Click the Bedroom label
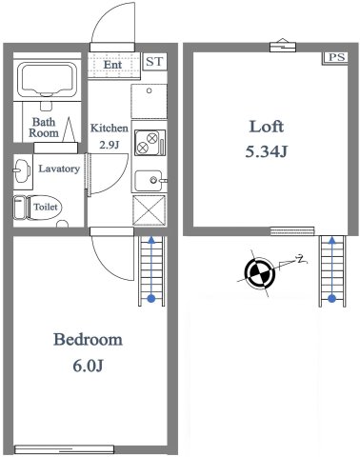88,339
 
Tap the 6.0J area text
88,366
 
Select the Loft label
267,127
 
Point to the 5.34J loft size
267,151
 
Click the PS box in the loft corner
336,58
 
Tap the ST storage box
154,61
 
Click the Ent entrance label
113,65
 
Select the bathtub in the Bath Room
48,80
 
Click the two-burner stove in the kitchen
150,143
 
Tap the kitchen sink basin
149,181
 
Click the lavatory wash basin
22,170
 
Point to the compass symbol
260,272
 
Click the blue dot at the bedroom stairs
151,298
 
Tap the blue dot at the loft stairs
332,298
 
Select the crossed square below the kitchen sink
150,210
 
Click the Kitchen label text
110,128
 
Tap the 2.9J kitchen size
110,145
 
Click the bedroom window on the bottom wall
64,449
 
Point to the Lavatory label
59,169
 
